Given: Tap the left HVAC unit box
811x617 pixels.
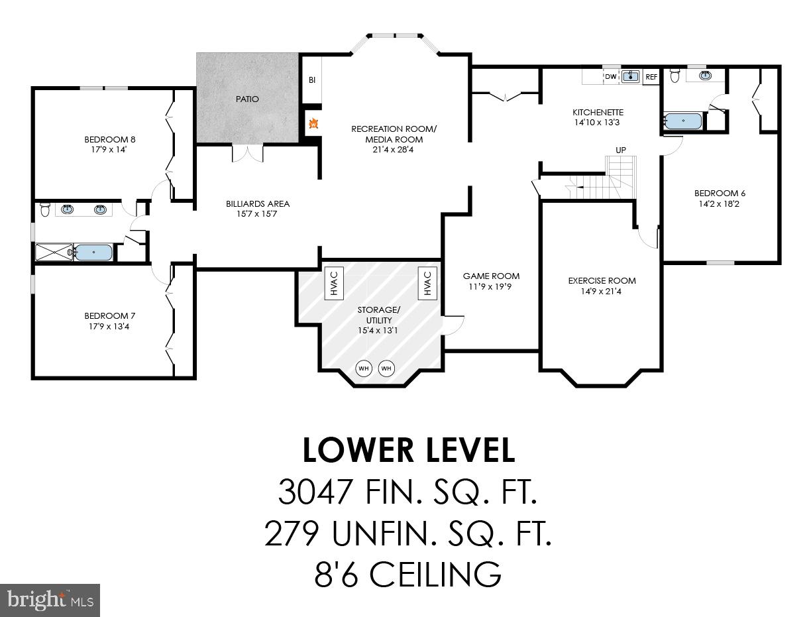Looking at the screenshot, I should point(333,283).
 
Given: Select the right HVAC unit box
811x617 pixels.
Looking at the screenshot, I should point(427,283).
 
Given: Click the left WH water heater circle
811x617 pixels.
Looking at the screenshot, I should point(364,368).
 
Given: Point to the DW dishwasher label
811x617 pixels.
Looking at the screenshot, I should point(610,77).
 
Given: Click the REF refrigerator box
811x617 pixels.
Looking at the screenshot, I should point(651,77).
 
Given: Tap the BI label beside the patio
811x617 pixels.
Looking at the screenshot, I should point(311,80).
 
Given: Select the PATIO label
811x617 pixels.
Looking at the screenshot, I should point(247,99).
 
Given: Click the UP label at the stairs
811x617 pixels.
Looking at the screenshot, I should point(621,150).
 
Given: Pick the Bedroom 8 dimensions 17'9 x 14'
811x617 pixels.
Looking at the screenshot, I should point(109,150).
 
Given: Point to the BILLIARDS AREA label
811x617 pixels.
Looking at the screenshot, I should point(258,203).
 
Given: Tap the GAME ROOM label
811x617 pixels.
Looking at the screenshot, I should point(491,276).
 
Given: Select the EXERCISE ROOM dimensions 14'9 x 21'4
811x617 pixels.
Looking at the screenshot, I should point(602,291).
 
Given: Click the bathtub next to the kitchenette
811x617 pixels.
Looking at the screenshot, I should point(682,121).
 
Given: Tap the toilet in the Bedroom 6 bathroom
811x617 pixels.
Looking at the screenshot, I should point(675,76).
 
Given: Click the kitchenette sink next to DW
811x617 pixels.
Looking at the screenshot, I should point(630,77).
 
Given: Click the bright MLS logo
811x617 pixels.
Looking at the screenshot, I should point(50,600).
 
